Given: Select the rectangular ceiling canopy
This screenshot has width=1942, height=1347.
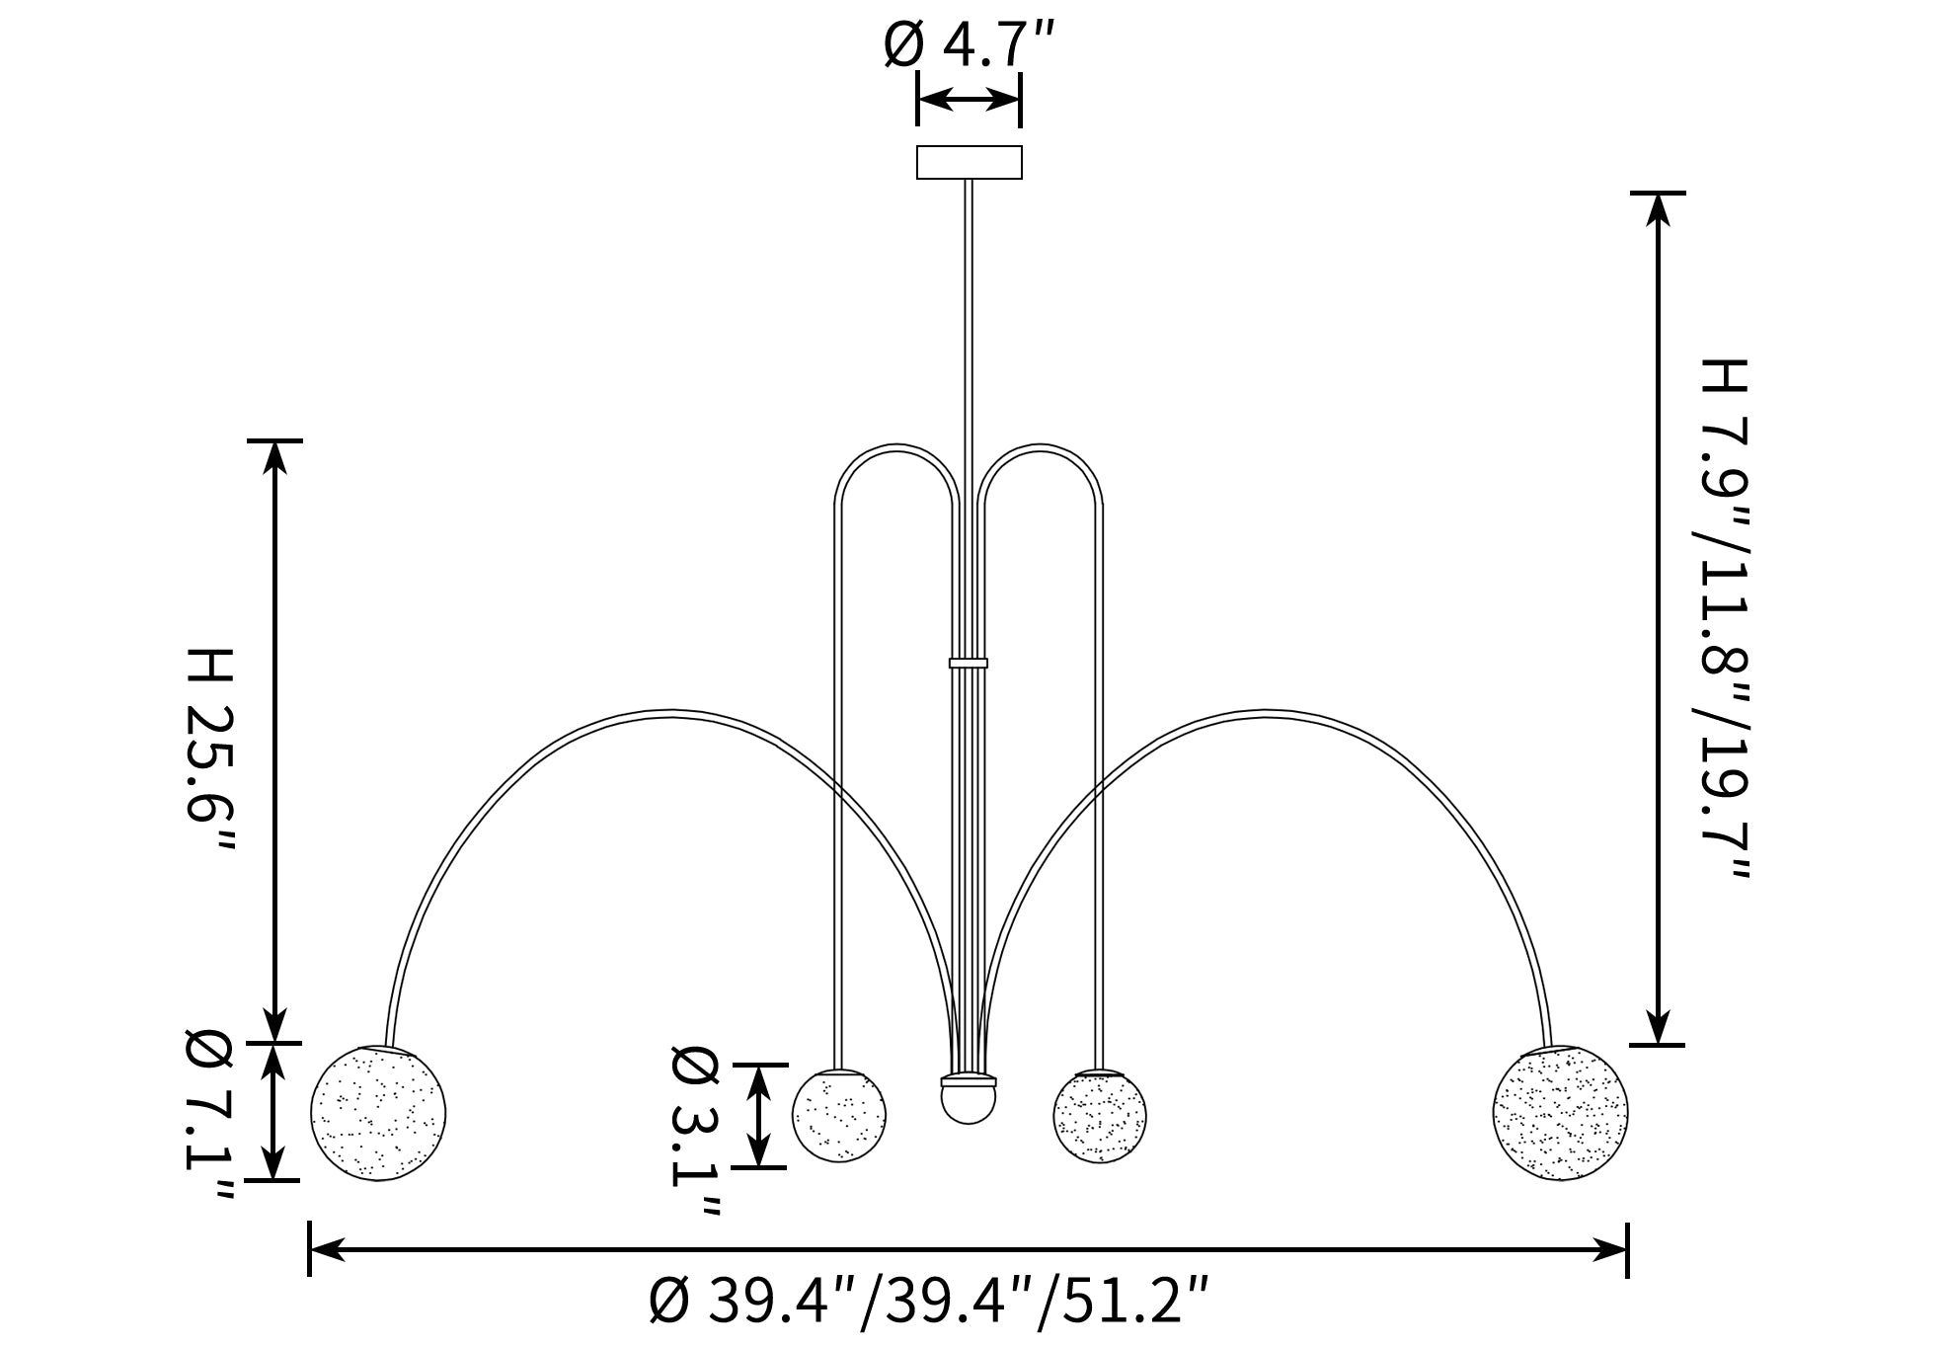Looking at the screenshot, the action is pyautogui.click(x=969, y=162).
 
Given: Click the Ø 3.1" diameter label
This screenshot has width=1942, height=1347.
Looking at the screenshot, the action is pyautogui.click(x=695, y=1132).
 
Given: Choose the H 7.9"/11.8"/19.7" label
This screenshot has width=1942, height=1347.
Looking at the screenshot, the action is pyautogui.click(x=1723, y=621).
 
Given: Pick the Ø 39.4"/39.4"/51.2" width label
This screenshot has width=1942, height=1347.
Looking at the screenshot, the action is pyautogui.click(x=928, y=1301).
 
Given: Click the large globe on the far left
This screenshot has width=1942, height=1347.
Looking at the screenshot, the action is pyautogui.click(x=378, y=1113).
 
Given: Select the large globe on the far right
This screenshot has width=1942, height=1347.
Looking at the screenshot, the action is pyautogui.click(x=1560, y=1113).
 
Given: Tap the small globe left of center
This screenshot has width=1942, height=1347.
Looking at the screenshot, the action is pyautogui.click(x=839, y=1116).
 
